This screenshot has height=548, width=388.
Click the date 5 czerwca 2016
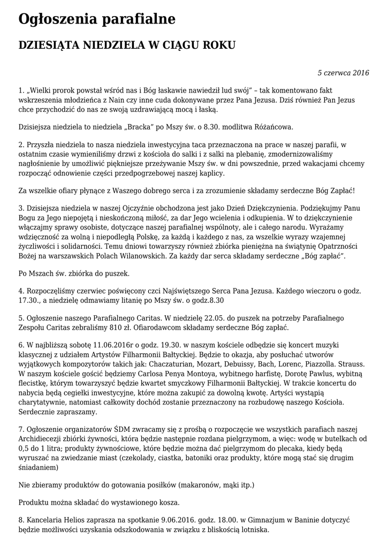pyautogui.click(x=343, y=73)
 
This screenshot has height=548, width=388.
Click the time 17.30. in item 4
pyautogui.click(x=30, y=301)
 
